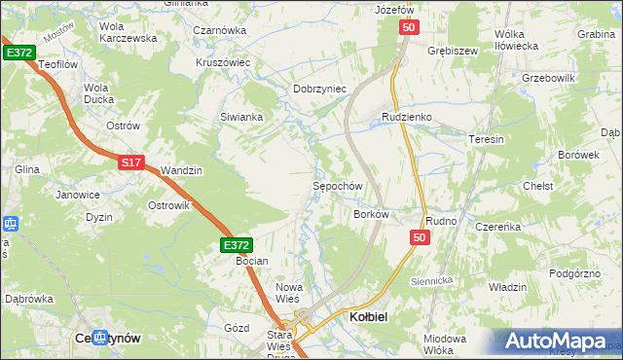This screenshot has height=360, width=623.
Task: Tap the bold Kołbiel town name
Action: [x=370, y=317]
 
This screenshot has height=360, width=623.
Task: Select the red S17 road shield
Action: [x=132, y=163]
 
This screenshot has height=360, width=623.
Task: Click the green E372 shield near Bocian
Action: [x=237, y=246]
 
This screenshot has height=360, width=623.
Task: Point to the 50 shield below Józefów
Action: [x=409, y=29]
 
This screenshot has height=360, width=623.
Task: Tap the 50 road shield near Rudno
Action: [x=420, y=237]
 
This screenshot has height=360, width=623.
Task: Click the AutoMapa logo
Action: [x=557, y=342]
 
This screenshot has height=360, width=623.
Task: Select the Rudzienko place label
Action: [x=406, y=117]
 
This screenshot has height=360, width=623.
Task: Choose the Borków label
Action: [x=371, y=214]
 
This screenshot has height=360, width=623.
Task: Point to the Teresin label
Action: [x=487, y=139]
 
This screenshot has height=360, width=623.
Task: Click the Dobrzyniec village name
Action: [x=320, y=89]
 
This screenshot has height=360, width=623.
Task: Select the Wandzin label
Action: [x=181, y=170]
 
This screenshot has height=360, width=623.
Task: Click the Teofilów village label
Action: [x=57, y=63]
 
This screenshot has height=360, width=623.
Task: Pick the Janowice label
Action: [x=78, y=195]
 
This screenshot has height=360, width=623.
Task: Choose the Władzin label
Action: [x=507, y=287]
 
